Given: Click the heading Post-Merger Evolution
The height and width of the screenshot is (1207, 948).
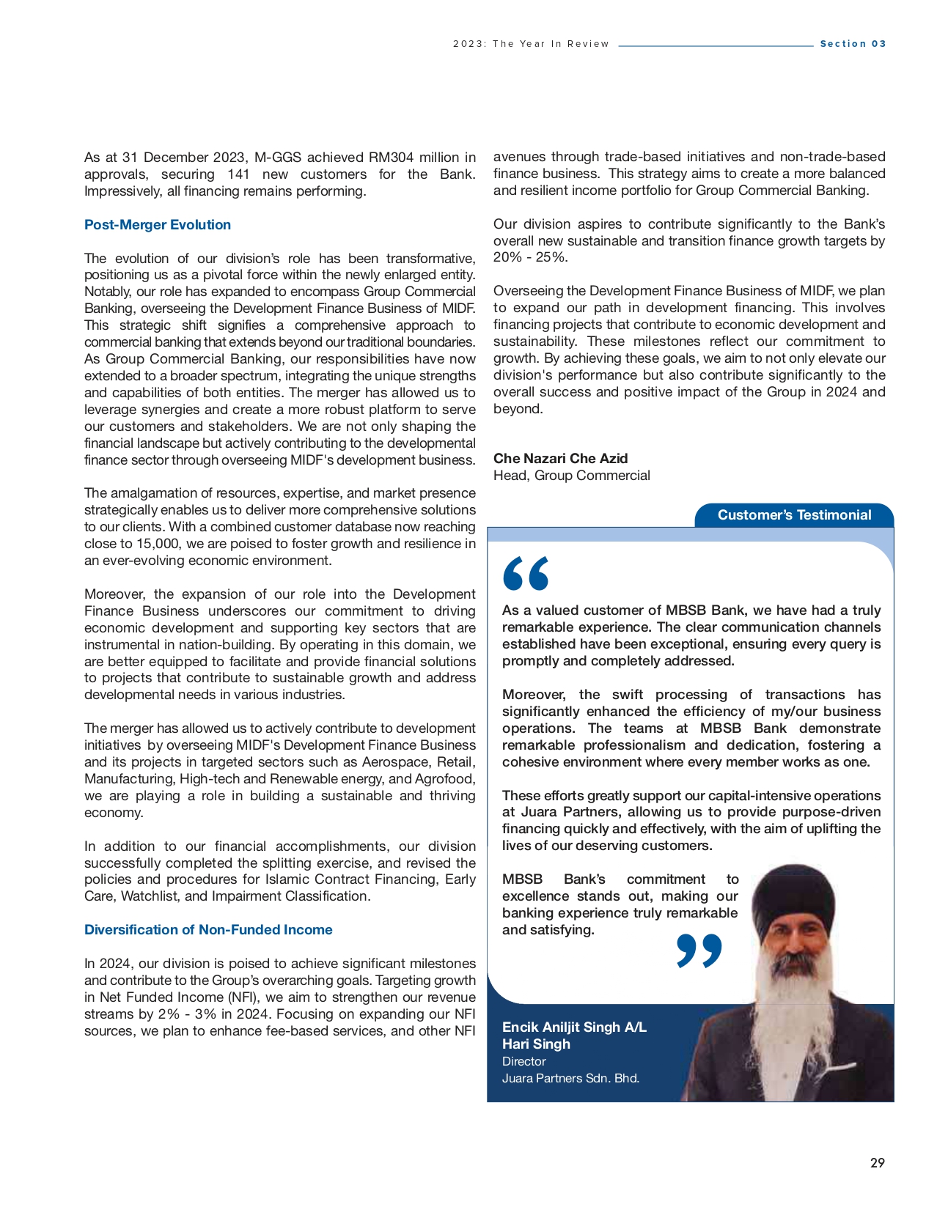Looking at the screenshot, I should (157, 225).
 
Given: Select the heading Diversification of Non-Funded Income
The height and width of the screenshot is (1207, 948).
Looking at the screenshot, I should (208, 930).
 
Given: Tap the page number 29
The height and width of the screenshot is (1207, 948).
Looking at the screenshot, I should (877, 1163).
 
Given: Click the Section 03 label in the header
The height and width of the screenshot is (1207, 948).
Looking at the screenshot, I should (853, 44).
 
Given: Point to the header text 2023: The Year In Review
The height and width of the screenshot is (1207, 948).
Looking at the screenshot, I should (531, 44).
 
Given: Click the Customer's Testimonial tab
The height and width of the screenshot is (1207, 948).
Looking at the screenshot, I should (794, 515).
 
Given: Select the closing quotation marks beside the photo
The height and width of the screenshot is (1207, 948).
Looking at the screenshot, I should (699, 951).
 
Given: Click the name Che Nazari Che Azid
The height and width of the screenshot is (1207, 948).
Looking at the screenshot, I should (560, 459).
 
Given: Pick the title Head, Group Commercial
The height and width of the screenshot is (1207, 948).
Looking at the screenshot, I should (571, 476).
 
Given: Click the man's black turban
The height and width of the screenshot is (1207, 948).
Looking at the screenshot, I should (794, 898).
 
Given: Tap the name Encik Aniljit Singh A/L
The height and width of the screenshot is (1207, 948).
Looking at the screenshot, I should (574, 1027).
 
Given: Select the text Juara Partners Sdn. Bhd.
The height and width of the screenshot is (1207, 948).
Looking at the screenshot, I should (570, 1079).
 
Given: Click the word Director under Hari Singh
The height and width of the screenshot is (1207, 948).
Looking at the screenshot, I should (523, 1062).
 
